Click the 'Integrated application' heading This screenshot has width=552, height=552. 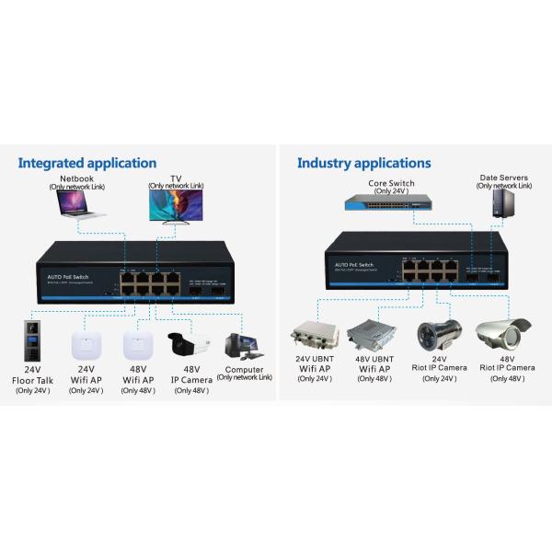pyautogui.click(x=87, y=164)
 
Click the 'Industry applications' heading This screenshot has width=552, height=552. pyautogui.click(x=363, y=164)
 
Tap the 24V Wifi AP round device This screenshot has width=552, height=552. pyautogui.click(x=86, y=345)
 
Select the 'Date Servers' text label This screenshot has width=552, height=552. pyautogui.click(x=503, y=178)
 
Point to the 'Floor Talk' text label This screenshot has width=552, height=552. pyautogui.click(x=34, y=381)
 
